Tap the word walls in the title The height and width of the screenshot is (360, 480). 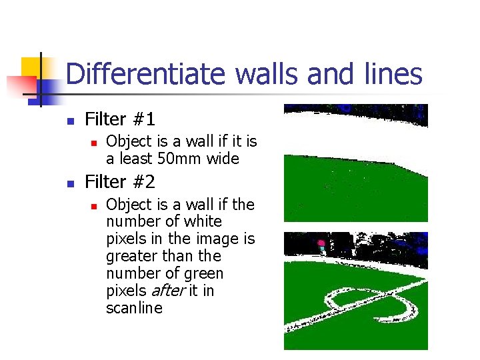[x=267, y=74]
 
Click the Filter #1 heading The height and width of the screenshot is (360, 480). [x=120, y=120]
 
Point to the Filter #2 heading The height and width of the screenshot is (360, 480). [x=120, y=181]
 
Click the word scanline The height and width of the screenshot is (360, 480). [x=134, y=308]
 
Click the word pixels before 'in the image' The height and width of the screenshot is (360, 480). [x=126, y=239]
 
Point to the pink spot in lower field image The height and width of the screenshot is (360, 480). [x=321, y=243]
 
